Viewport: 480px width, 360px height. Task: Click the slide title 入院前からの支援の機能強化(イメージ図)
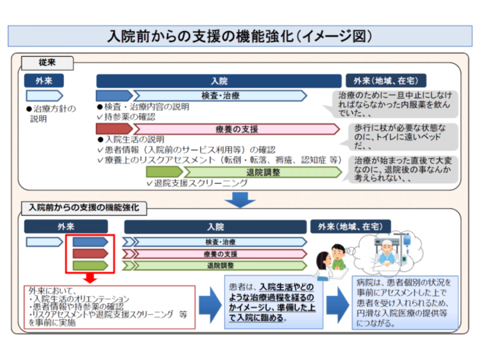239,36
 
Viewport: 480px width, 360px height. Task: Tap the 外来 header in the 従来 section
44,81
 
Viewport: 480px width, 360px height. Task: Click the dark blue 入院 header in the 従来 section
219,81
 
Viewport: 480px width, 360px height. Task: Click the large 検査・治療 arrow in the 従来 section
220,95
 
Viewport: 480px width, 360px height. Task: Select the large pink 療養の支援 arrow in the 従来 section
236,129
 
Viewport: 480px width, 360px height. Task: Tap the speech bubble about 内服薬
395,104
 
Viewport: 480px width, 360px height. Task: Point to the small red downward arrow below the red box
90,278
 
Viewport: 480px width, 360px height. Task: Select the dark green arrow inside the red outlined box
90,265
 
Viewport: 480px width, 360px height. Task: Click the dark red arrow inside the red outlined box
90,253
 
